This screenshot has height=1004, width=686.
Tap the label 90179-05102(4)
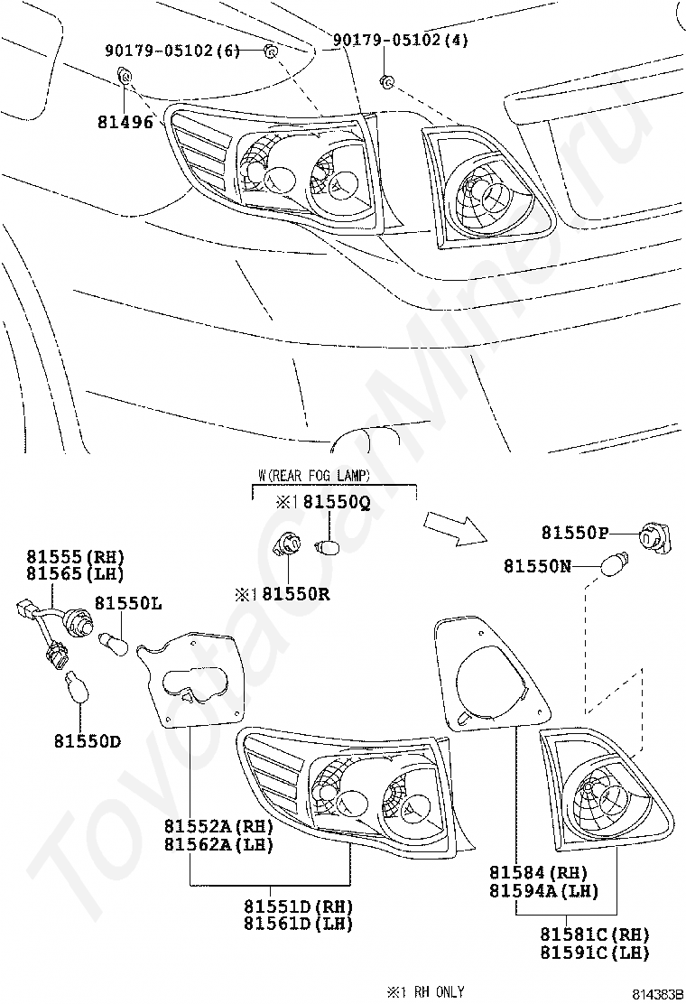tap(400, 41)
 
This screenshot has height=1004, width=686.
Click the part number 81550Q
tap(336, 504)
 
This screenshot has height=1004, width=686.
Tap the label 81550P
tap(575, 533)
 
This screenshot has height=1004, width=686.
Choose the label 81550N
tap(538, 566)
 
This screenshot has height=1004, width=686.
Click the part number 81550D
tap(87, 741)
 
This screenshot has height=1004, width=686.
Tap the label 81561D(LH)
tap(298, 924)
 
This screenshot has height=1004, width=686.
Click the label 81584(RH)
tap(539, 873)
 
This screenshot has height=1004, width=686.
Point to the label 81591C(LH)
tap(595, 953)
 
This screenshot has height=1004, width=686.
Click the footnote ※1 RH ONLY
tap(425, 991)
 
